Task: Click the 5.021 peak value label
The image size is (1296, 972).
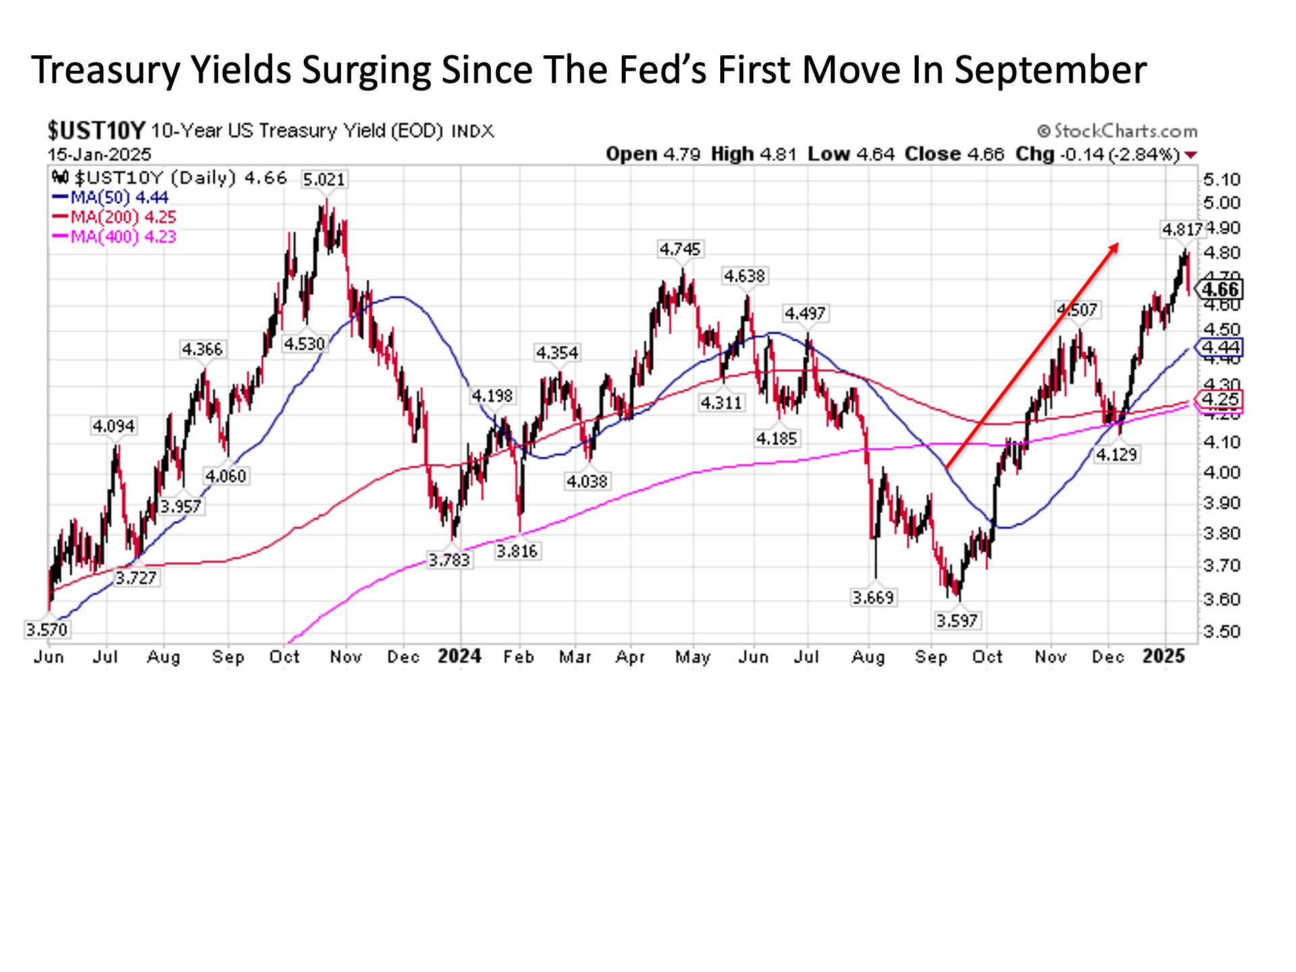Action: tap(324, 180)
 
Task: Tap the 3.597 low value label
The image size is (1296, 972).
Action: tap(956, 620)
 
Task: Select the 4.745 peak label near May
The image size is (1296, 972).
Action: tap(680, 250)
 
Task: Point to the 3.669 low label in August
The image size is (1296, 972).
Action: tap(873, 597)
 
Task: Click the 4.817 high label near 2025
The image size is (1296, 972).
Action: tap(1182, 230)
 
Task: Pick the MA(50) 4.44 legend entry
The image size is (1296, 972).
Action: tap(111, 198)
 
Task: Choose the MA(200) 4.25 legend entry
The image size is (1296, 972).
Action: tap(115, 217)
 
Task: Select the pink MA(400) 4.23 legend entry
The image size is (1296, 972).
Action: tap(115, 237)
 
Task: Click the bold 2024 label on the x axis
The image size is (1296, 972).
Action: tap(459, 656)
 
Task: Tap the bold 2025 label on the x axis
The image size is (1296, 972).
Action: tap(1164, 656)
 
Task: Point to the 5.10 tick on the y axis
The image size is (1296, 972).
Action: tap(1222, 180)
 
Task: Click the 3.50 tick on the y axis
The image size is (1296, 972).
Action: tap(1222, 632)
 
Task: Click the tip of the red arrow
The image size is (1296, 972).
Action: tap(1118, 244)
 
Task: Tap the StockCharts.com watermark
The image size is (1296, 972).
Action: tap(1117, 131)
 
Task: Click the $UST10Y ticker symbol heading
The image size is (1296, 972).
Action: tap(97, 130)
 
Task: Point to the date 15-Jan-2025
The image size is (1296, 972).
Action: tap(99, 154)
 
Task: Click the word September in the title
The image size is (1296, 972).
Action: tap(1050, 70)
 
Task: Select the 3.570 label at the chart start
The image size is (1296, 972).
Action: tap(47, 630)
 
